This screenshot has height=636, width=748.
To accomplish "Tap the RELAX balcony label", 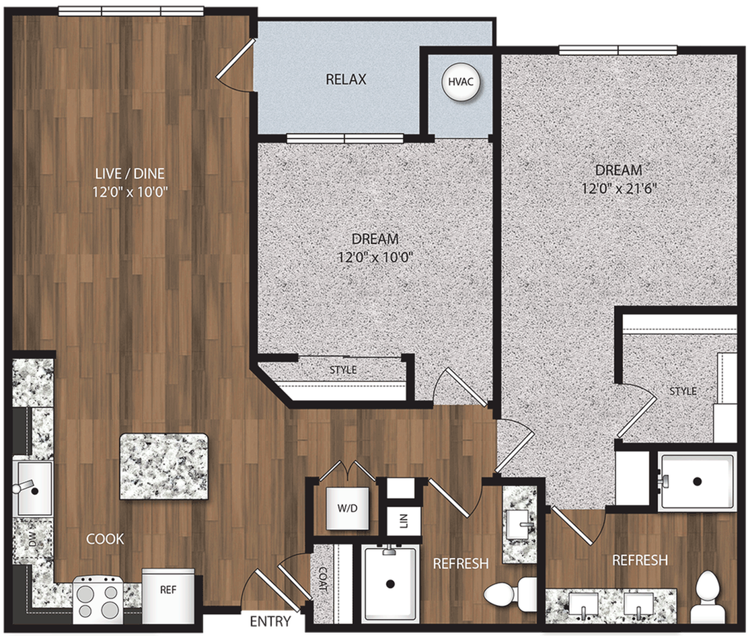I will pos(346,79).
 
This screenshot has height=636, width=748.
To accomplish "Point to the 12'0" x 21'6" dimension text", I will pos(618,188).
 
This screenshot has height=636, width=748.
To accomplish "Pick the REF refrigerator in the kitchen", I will pos(167,590).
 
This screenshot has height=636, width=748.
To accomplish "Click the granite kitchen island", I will pos(163,466).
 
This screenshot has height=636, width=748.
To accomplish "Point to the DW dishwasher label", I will pos(32,539).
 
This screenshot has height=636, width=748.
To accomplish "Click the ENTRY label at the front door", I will pos(271,621).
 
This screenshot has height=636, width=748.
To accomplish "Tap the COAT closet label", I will pos(323,579).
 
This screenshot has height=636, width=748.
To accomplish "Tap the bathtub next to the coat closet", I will pos(389,582).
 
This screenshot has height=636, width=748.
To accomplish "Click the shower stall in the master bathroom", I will pos(697,481).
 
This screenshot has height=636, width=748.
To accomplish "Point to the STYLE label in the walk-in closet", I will pos(683,391).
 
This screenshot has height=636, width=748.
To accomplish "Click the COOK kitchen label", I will pos(105,539).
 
